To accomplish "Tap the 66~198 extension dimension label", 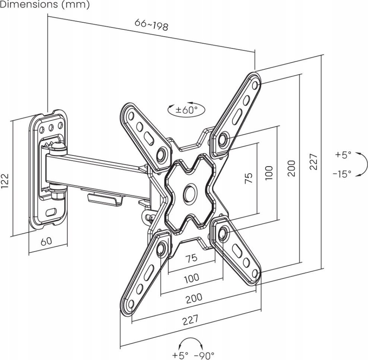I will [151, 25].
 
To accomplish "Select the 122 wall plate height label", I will [6, 181].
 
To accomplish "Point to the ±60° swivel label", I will [186, 110].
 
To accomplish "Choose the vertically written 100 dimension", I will [270, 173].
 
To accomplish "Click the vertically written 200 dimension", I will [292, 168].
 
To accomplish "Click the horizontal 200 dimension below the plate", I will [194, 297].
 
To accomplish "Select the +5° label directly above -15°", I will [343, 155].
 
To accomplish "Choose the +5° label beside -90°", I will [180, 355].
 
